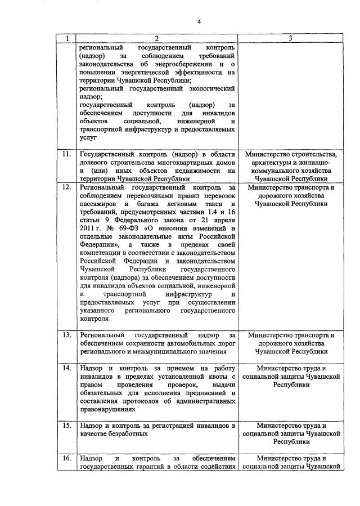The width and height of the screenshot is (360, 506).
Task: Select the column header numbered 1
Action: pos(67,39)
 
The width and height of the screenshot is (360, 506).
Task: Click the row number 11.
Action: pos(67,155)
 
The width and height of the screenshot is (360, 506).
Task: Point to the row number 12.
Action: pos(67,187)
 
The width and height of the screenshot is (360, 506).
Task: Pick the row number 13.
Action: pos(67,335)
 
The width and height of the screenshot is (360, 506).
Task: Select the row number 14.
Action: pos(67,368)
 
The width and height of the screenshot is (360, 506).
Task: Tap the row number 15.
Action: pos(67,426)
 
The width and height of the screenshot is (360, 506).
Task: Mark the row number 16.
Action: pos(67,458)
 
